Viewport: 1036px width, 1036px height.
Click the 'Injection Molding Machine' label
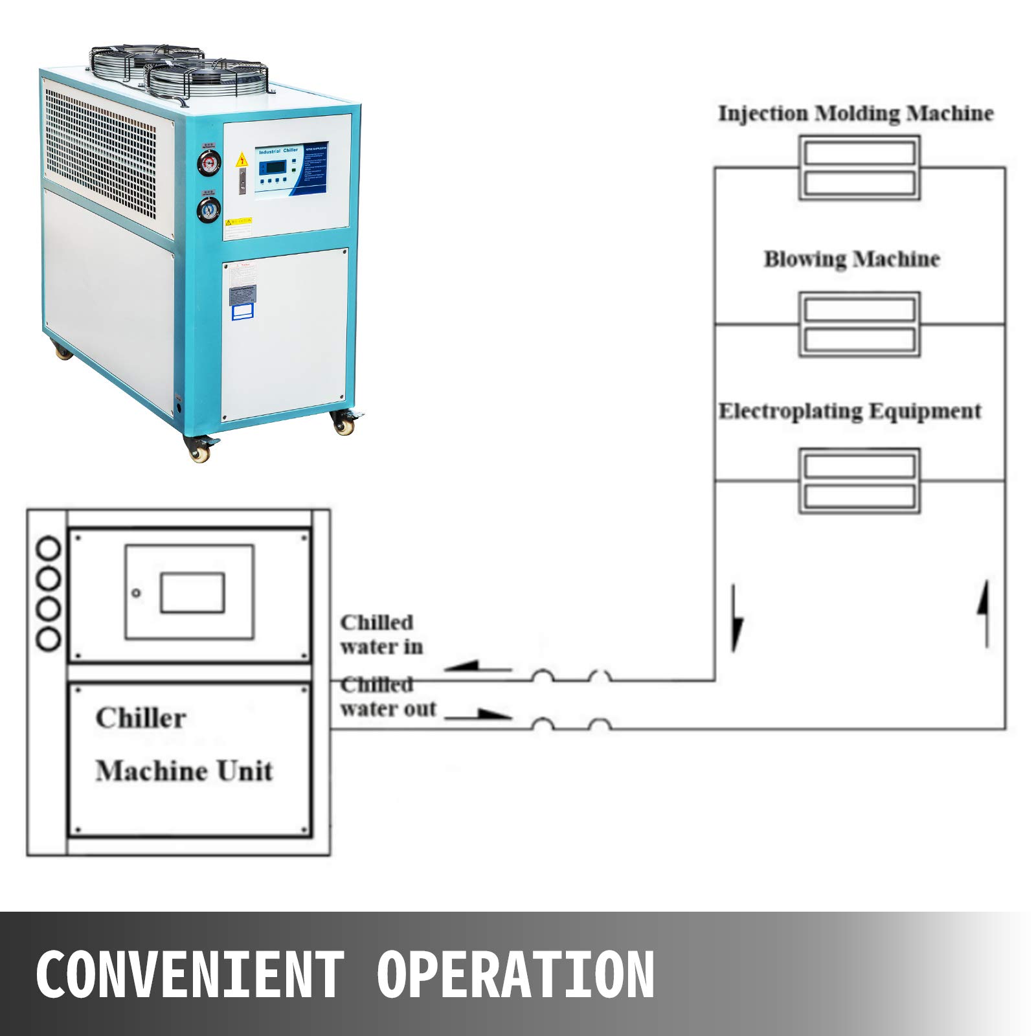point(855,113)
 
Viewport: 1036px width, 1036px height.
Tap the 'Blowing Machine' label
point(851,259)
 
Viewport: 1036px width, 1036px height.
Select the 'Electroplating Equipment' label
point(850,411)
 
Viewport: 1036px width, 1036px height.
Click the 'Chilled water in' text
point(381,635)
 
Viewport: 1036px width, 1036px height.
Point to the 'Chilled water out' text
point(387,697)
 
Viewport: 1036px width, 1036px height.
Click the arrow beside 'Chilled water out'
point(479,715)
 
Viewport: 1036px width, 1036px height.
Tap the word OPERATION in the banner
point(515,974)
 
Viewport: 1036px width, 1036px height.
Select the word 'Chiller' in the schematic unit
point(141,718)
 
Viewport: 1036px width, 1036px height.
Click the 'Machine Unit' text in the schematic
point(184,771)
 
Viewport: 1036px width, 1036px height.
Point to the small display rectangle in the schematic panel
point(192,592)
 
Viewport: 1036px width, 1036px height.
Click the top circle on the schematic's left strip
point(49,549)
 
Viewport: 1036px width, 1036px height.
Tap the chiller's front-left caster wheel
point(198,447)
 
